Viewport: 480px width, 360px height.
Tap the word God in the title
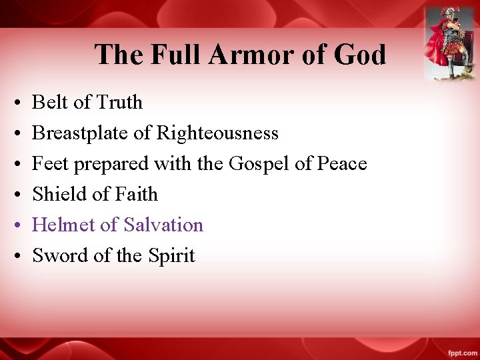click(x=360, y=54)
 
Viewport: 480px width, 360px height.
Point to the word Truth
click(x=119, y=102)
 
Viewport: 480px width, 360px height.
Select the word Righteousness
click(x=217, y=133)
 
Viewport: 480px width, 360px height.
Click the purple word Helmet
click(x=63, y=225)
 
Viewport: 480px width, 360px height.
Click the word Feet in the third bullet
click(x=46, y=163)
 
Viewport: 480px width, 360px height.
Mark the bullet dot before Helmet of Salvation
click(x=15, y=226)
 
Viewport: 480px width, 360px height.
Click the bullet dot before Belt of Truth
click(x=15, y=103)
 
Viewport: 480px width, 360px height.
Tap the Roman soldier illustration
click(x=450, y=43)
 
